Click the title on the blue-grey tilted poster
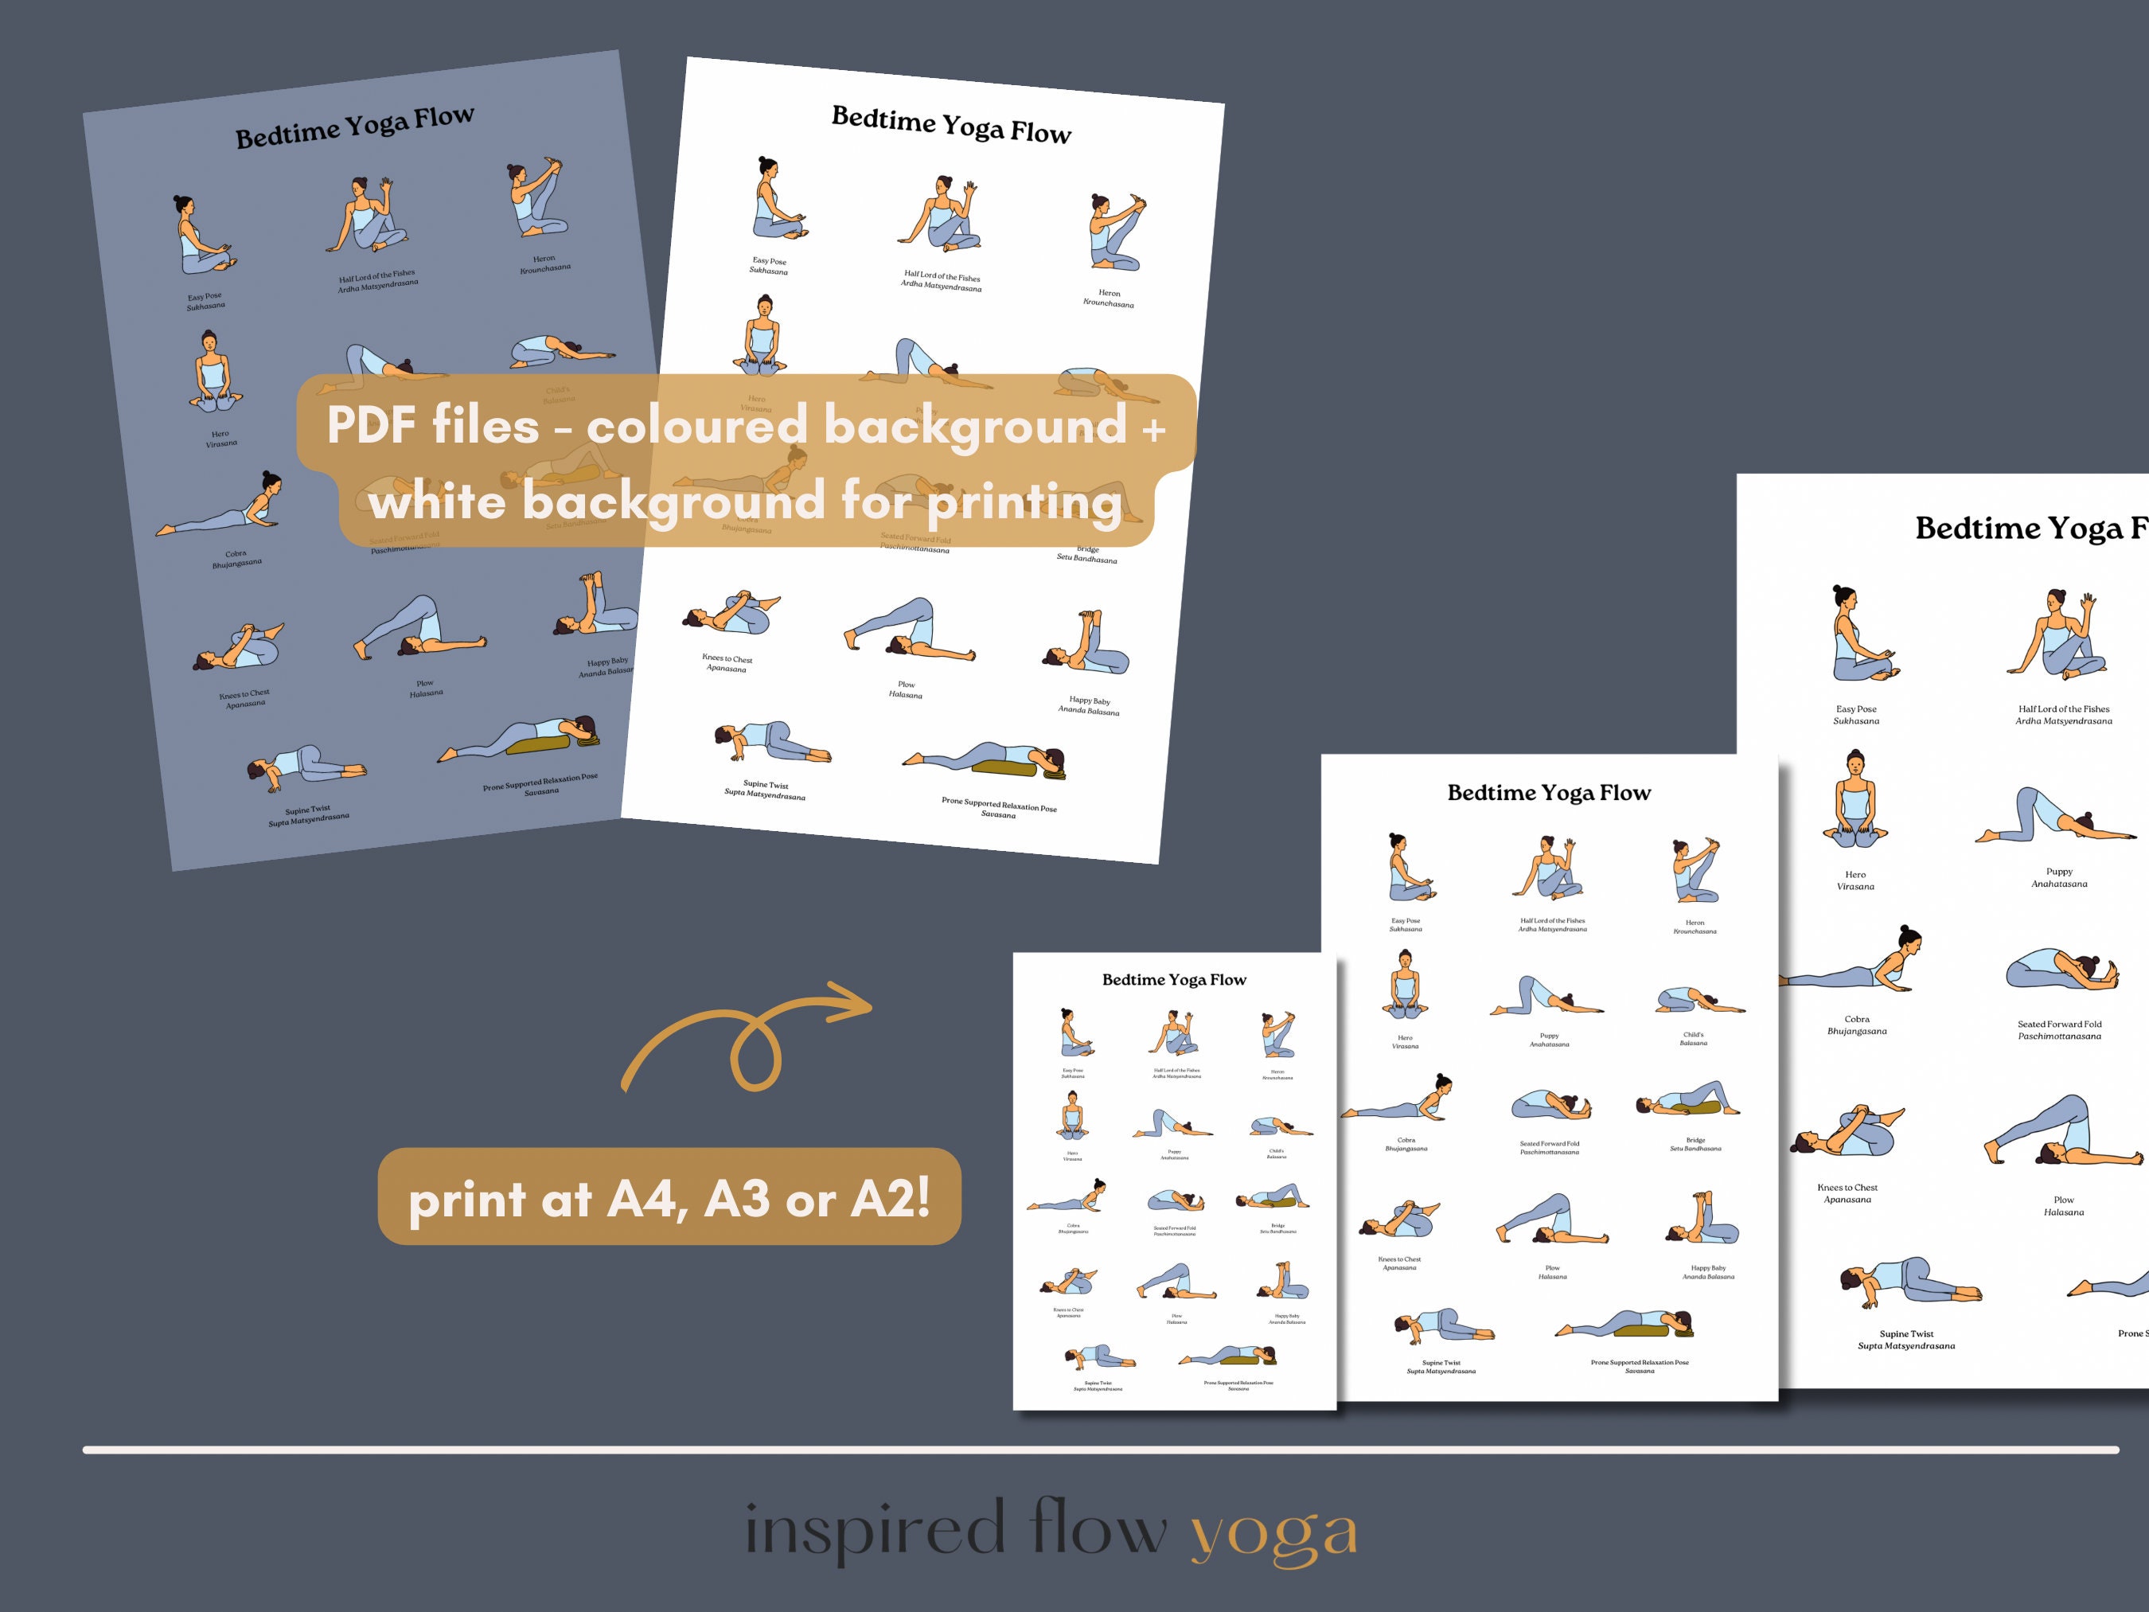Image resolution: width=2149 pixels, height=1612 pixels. coord(355,127)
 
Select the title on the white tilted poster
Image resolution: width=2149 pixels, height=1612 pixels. coord(950,124)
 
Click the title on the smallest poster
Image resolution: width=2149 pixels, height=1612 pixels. coord(1174,979)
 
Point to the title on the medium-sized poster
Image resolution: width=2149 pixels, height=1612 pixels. coord(1549,793)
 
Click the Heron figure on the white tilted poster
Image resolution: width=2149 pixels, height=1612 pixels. coord(1114,233)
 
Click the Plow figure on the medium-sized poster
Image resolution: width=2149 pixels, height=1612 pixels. coord(1550,1220)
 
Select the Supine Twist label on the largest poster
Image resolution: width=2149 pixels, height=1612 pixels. coord(1906,1340)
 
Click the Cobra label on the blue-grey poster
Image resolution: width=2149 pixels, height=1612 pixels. coord(236,559)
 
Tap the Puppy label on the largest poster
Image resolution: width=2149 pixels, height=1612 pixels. coord(2058,877)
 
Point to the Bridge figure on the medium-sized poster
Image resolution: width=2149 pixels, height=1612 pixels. coord(1687,1100)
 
